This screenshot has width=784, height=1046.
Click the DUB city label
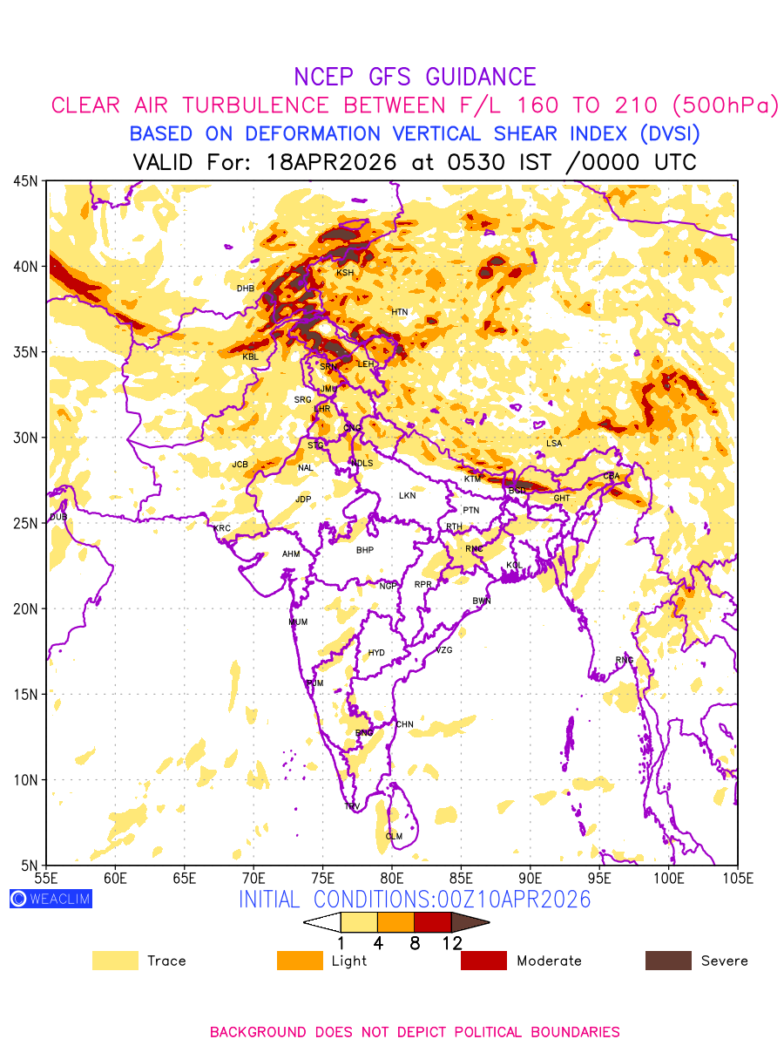[x=58, y=517]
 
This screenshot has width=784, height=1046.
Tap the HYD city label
[x=376, y=653]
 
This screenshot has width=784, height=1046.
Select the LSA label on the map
[x=554, y=444]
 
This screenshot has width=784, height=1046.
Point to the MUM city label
[x=298, y=622]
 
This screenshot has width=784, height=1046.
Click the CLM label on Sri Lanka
[x=394, y=837]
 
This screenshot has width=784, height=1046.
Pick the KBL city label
[x=250, y=357]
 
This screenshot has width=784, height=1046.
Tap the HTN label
[x=399, y=312]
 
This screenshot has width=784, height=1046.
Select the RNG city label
[x=625, y=660]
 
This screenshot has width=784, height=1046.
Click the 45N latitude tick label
[x=25, y=180]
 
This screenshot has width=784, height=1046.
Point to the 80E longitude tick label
[x=391, y=877]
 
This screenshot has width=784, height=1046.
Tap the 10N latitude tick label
[x=25, y=779]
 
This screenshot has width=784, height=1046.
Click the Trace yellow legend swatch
[x=115, y=961]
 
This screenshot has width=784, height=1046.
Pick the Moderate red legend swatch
[x=483, y=961]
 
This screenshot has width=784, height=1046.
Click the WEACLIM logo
[x=51, y=899]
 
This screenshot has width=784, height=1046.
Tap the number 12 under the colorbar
[x=451, y=943]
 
